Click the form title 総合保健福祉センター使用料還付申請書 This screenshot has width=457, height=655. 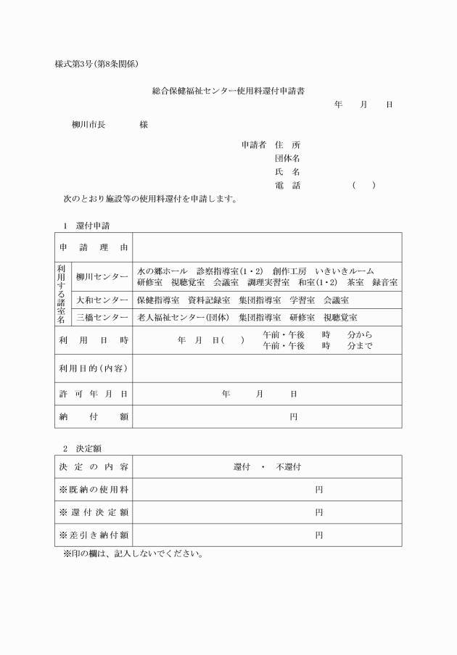[228, 91]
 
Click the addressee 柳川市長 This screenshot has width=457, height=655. [88, 125]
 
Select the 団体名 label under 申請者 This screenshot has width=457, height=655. [287, 158]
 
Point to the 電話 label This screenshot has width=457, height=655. [287, 186]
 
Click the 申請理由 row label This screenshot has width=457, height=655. [94, 247]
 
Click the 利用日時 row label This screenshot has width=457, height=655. [94, 340]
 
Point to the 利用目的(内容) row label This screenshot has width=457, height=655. [94, 368]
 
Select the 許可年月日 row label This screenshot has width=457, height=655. [94, 394]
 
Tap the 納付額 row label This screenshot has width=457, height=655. [94, 417]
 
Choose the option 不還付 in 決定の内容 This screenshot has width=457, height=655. [288, 466]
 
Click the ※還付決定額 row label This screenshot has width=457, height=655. [94, 513]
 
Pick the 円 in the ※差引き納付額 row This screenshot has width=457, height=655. [318, 535]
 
